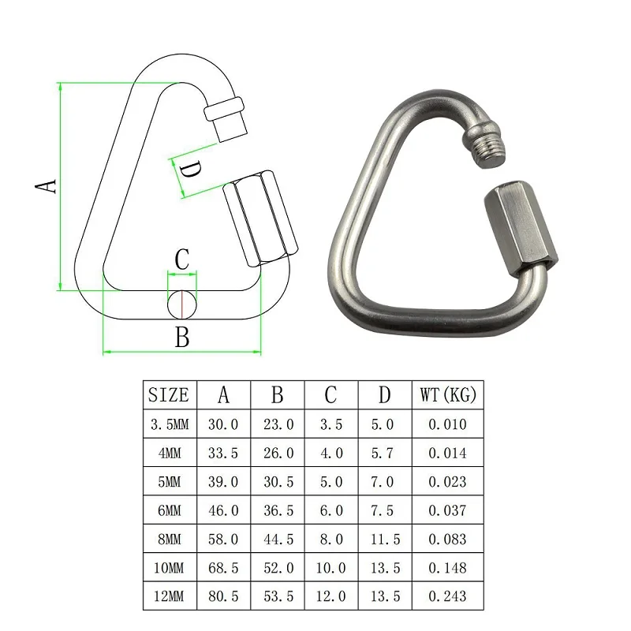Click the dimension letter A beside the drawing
pos(47,187)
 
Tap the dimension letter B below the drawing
pos(182,337)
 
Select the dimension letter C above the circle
pos(182,259)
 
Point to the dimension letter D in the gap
pos(190,170)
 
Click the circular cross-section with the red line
pos(182,304)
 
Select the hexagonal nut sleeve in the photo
pos(521,230)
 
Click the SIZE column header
pos(169,395)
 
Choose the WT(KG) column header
pos(448,395)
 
